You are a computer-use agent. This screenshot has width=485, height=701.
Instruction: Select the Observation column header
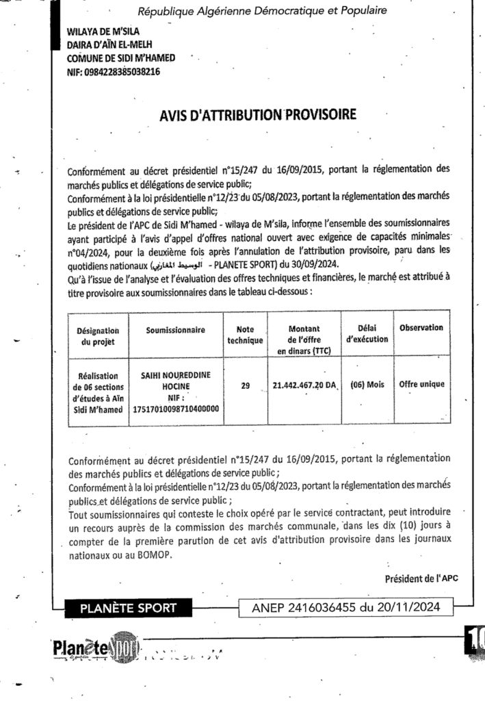coord(421,328)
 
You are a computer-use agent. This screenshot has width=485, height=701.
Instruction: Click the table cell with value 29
coord(245,386)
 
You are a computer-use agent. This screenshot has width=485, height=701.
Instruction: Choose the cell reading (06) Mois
coord(367,385)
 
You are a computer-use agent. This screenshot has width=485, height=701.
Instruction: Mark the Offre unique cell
coord(421,385)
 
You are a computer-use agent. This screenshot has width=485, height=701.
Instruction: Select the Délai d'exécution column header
coord(367,334)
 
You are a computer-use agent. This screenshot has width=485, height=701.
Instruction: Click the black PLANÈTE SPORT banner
coord(128,607)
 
